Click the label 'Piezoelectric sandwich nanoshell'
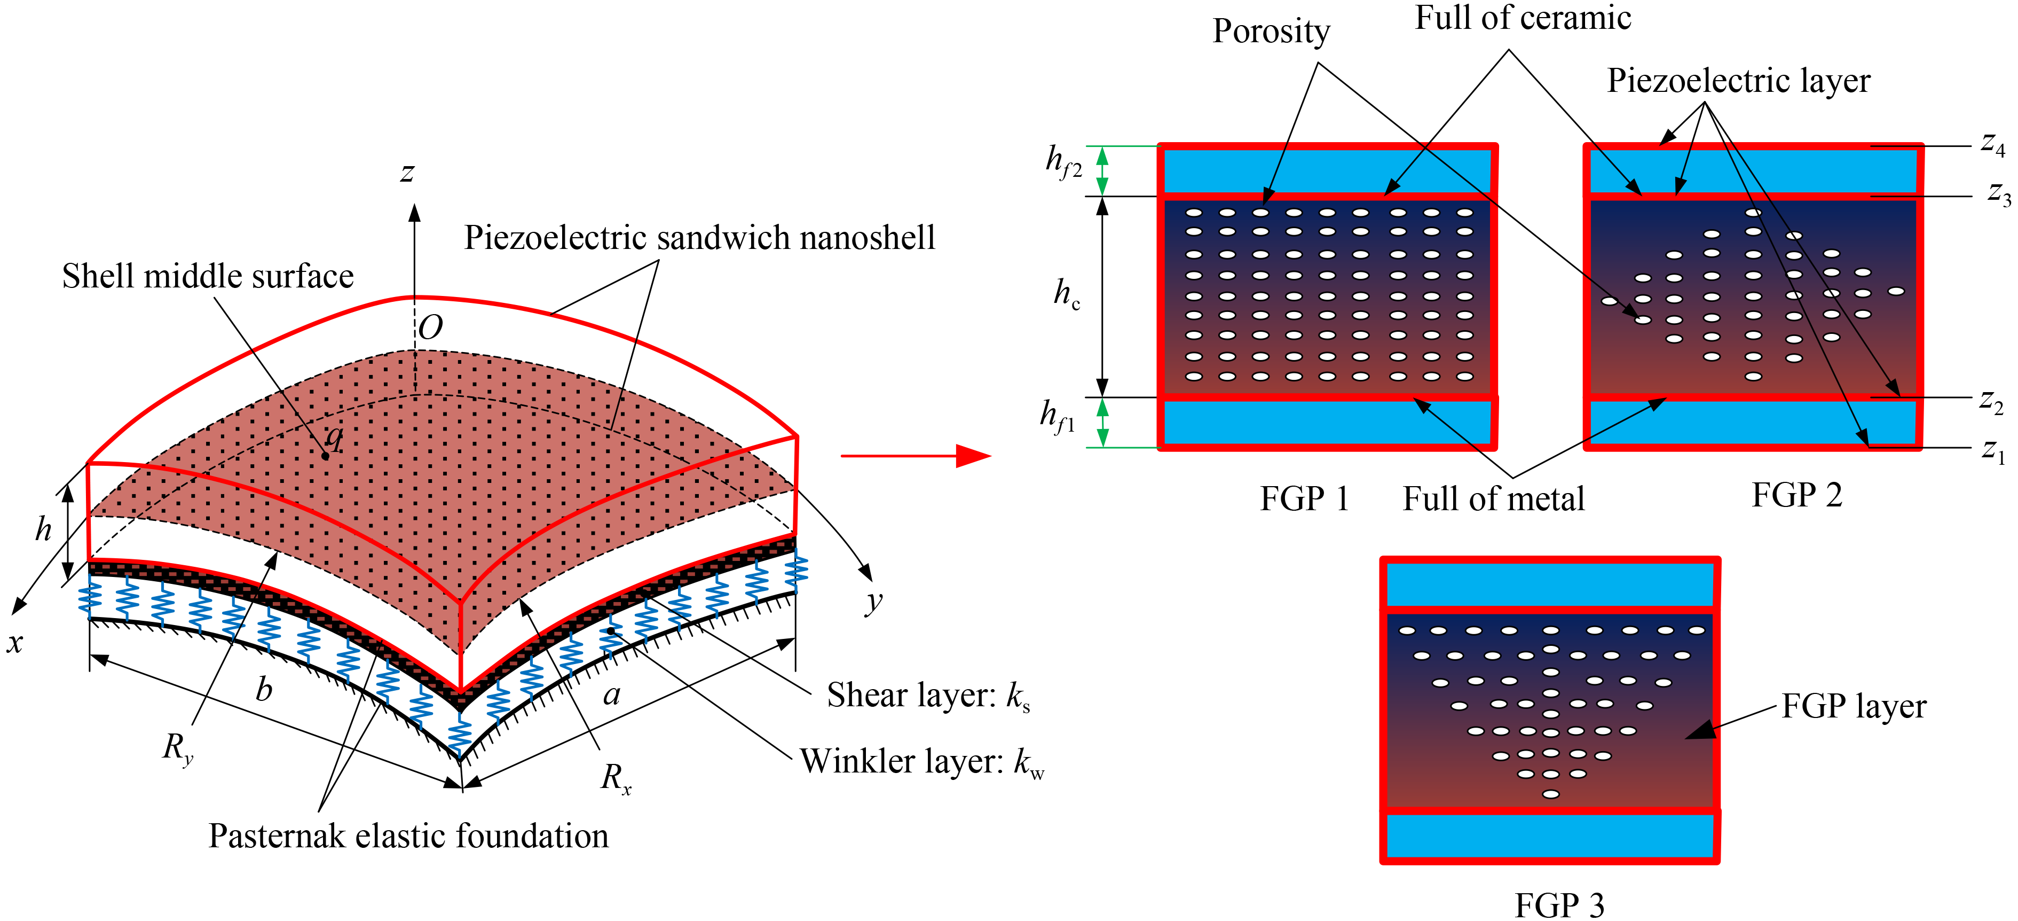(699, 238)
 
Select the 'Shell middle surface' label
(208, 277)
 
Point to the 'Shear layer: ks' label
(928, 695)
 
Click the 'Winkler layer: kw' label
(921, 761)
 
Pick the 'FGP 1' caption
(1304, 498)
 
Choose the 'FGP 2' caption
(1797, 495)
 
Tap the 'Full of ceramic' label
(1522, 18)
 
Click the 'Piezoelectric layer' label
(1738, 81)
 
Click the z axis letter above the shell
(407, 173)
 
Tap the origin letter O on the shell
(430, 327)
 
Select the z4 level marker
(1992, 144)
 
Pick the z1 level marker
(1992, 451)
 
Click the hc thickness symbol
(1066, 294)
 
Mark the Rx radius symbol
(616, 778)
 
